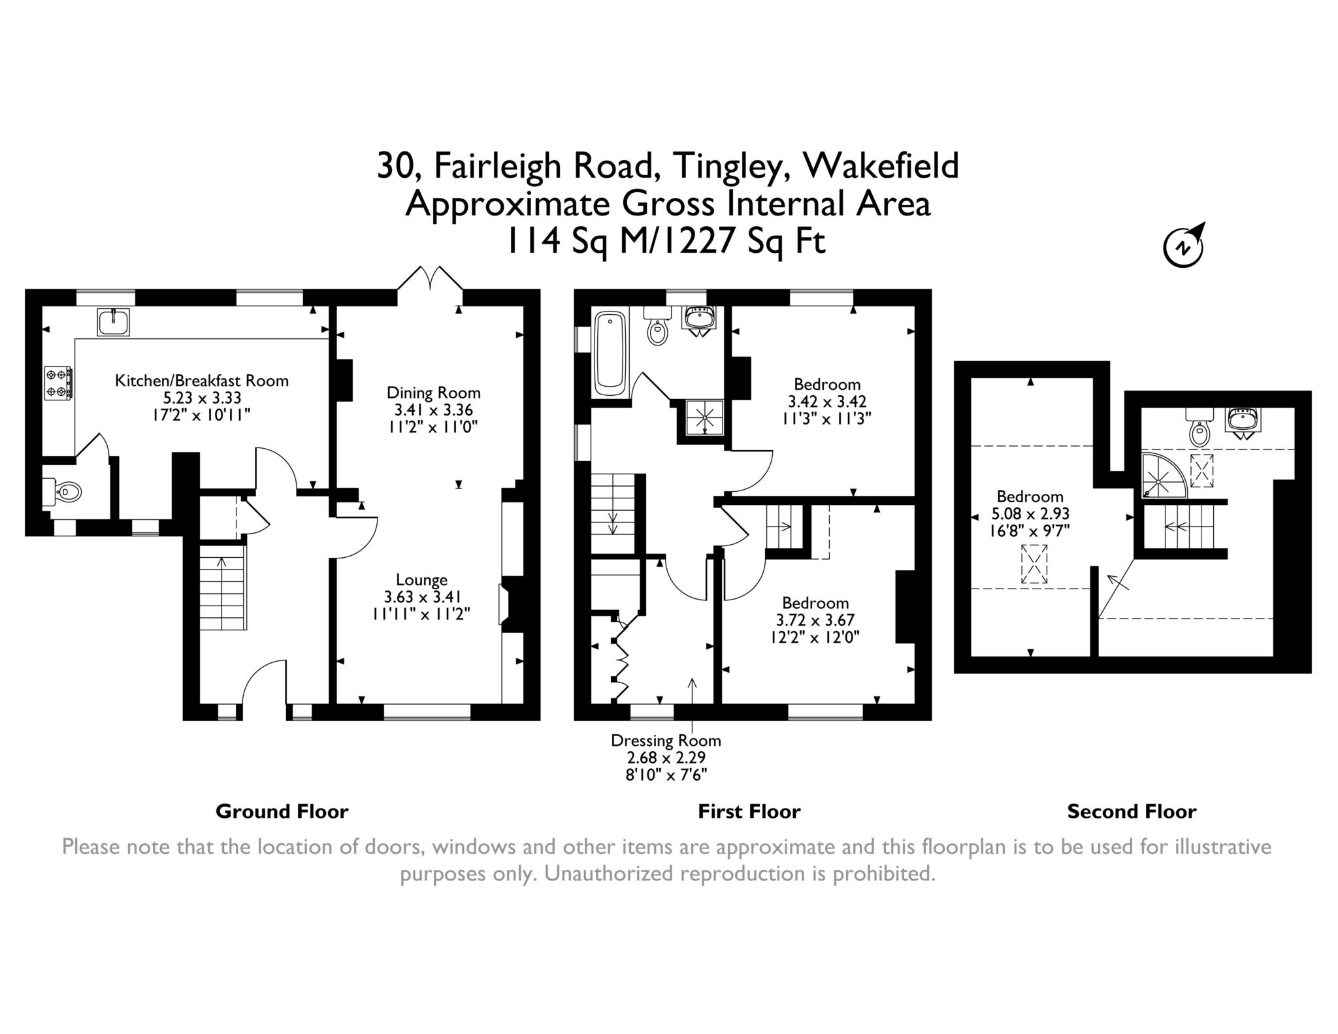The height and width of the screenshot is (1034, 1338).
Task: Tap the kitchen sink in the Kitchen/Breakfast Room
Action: click(x=114, y=322)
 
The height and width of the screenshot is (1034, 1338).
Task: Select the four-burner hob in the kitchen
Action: click(x=57, y=383)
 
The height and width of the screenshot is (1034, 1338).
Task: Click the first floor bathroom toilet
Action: click(x=657, y=326)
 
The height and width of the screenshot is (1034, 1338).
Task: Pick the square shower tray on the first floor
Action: click(x=704, y=417)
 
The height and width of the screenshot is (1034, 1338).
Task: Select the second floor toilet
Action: click(x=1199, y=427)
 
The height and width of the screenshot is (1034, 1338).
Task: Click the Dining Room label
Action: click(x=434, y=393)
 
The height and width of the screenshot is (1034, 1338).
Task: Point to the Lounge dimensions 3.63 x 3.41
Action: click(x=423, y=597)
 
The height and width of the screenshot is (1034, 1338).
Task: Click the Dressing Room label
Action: click(x=666, y=741)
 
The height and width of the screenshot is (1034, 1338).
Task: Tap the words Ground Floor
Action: click(x=282, y=812)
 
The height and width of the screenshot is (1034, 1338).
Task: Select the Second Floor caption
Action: click(x=1132, y=812)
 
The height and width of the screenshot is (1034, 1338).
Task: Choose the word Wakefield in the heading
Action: click(x=881, y=165)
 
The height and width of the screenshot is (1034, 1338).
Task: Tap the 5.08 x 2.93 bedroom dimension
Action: click(x=1030, y=514)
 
